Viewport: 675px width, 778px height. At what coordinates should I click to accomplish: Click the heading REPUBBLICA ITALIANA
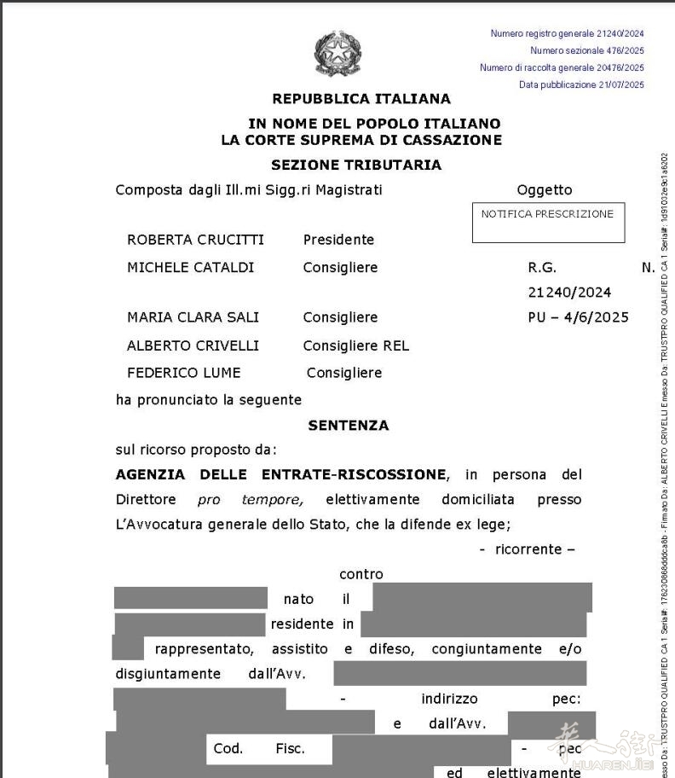click(x=361, y=99)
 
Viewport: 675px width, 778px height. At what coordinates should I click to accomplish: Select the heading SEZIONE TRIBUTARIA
click(x=356, y=165)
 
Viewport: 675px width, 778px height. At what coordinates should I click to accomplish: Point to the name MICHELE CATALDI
click(x=190, y=268)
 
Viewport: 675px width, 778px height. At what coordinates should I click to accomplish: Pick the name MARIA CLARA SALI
click(x=193, y=317)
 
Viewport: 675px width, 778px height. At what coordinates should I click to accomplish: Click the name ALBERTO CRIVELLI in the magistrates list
click(x=193, y=345)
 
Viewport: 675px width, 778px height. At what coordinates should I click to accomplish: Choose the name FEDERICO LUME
click(x=183, y=373)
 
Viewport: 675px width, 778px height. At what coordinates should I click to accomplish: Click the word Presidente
click(x=338, y=240)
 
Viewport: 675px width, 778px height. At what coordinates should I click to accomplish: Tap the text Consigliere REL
click(x=355, y=345)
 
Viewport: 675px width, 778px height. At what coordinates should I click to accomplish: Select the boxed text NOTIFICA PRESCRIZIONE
click(x=547, y=214)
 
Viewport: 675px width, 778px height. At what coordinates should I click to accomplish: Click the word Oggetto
click(x=545, y=190)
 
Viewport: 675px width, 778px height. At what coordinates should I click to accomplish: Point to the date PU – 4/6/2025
click(x=578, y=317)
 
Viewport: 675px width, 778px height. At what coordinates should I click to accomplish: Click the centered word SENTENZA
click(x=348, y=425)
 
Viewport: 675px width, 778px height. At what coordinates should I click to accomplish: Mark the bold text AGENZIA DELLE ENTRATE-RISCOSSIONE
click(x=280, y=474)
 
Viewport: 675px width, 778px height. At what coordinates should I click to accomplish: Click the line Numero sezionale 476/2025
click(x=586, y=50)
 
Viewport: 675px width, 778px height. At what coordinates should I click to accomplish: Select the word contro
click(x=361, y=574)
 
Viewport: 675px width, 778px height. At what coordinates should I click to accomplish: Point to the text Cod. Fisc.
click(x=259, y=749)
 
